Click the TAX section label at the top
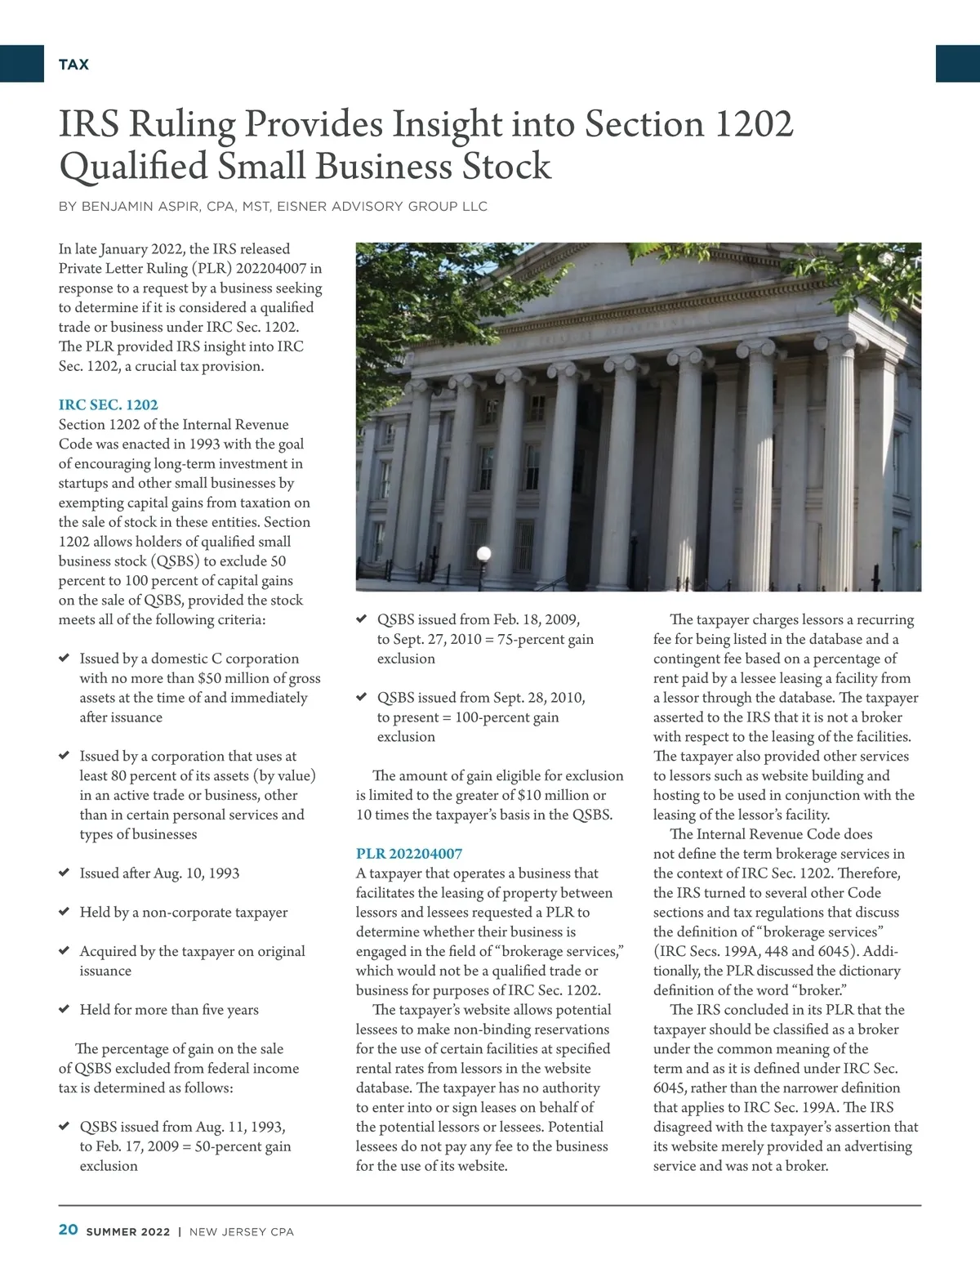[x=73, y=65]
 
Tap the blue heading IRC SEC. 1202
[x=108, y=404]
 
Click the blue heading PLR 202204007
[x=408, y=854]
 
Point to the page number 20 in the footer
[x=68, y=1231]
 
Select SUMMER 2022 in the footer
[x=128, y=1231]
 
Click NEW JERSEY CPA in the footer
[x=241, y=1231]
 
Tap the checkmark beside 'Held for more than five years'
[x=64, y=1009]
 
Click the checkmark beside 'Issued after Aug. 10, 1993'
[x=64, y=873]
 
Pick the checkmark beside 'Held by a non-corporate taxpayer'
[x=64, y=912]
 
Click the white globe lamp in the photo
[x=483, y=554]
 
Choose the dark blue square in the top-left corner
[x=21, y=64]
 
